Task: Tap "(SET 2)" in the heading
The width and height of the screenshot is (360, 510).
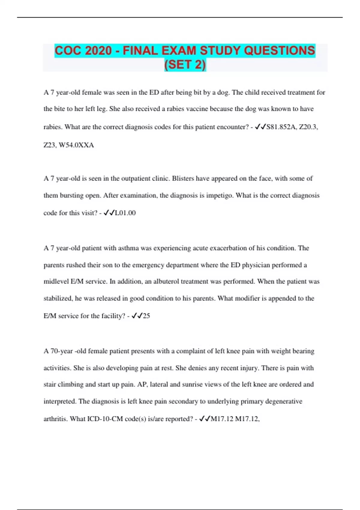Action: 185,64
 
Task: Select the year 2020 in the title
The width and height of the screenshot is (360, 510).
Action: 97,50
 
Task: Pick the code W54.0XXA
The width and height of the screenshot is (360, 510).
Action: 76,145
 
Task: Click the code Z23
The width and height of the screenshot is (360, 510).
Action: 49,145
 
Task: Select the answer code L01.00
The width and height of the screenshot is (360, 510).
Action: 125,213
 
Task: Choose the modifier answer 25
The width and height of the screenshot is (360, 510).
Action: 146,316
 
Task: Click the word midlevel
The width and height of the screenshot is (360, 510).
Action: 56,281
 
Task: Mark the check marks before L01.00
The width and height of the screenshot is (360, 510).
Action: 109,213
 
